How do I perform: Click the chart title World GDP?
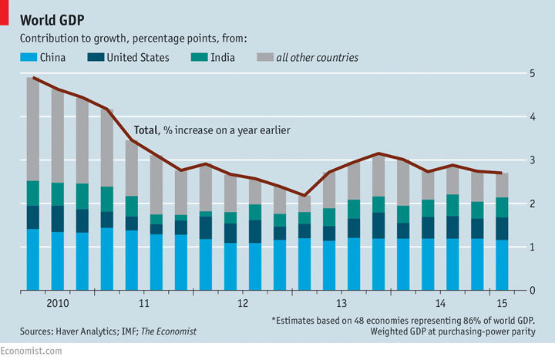pos(52,19)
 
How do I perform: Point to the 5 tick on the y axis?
pos(532,73)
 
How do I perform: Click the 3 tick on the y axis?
pos(532,160)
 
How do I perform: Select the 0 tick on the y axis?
pos(532,291)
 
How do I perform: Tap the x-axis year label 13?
pos(341,303)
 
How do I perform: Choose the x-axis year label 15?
pos(502,303)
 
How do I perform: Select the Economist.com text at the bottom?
pos(31,352)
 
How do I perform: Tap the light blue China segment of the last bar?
pos(502,265)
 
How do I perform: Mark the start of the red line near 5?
pos(33,77)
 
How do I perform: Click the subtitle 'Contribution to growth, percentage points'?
pos(127,38)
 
